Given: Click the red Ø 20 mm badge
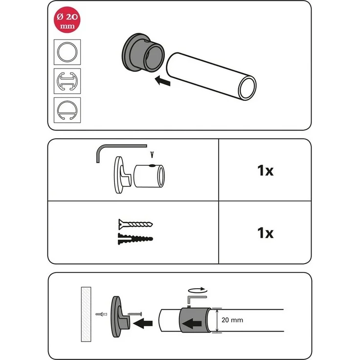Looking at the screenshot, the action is coord(67,20).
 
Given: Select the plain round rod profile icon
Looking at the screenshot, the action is coord(67,52).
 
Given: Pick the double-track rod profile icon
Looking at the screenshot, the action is coord(67,81).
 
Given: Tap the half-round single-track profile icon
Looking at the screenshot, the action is coord(67,110).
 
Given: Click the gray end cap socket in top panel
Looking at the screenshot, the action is coord(143,53).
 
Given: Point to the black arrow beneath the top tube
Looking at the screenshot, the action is coord(162,81).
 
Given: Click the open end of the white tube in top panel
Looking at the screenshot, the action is coord(247,88).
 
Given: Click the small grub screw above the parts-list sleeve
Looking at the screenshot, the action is coord(152,155).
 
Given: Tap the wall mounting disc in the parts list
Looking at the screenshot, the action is coord(118,175).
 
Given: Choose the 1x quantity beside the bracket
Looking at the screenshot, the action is coord(265,171).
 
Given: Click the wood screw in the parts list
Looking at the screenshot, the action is coord(135,224).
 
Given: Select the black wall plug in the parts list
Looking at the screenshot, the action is coord(135,239).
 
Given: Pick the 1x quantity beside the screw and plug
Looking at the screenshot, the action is coord(265,233).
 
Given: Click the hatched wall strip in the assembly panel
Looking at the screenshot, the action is coord(86,314).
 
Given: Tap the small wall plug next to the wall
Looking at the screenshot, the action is coord(101,314).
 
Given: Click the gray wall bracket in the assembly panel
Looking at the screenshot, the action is coord(120,317).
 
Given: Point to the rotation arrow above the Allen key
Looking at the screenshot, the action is coord(198,290).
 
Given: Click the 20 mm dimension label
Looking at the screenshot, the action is coord(232,320).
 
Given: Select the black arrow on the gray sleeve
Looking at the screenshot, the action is coord(192,324).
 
